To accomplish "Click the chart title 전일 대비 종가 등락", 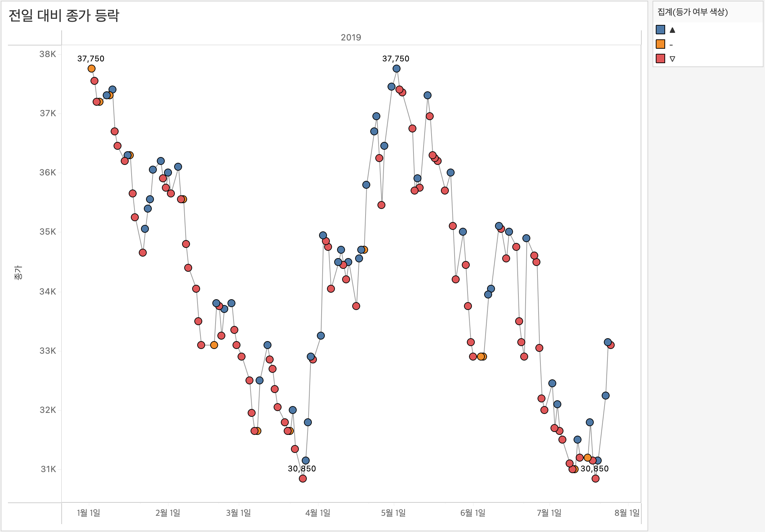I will click(x=64, y=16).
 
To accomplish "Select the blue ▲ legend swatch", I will click(x=660, y=30).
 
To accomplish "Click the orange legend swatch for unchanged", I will click(x=660, y=44).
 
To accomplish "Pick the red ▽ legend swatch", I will click(x=660, y=58).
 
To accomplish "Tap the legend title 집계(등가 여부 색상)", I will click(x=693, y=12).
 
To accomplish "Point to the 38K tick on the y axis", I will click(x=48, y=54).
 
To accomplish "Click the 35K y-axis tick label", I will click(x=48, y=232).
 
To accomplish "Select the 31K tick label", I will click(x=48, y=469).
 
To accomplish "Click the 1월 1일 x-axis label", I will click(x=89, y=513).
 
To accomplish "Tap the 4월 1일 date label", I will click(x=318, y=513).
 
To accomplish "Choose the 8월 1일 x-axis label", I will click(x=627, y=513).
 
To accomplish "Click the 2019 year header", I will click(x=351, y=38).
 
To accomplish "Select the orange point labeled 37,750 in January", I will click(x=92, y=69).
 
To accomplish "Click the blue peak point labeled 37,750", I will click(x=397, y=69).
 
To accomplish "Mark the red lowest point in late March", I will click(x=303, y=479).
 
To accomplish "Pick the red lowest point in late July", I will click(x=596, y=479).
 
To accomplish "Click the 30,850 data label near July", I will click(x=594, y=468).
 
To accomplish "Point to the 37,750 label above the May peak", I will click(x=395, y=58).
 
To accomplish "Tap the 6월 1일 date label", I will click(x=473, y=513).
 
